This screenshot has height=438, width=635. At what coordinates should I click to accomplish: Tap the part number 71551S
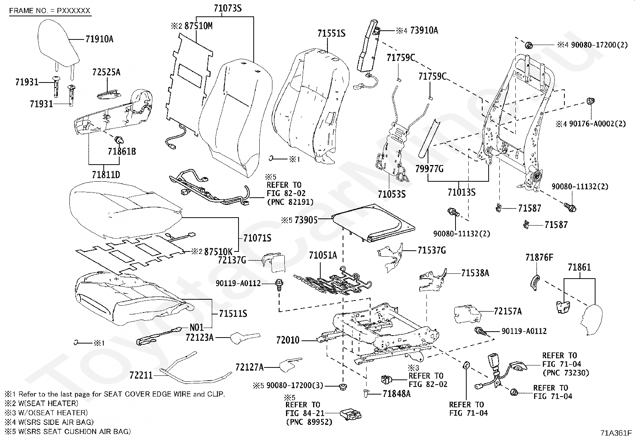click(x=331, y=33)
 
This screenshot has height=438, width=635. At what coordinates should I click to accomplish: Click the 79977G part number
click(x=429, y=169)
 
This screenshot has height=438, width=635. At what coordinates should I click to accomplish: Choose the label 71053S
click(x=392, y=194)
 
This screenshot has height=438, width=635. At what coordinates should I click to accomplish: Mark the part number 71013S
click(x=461, y=193)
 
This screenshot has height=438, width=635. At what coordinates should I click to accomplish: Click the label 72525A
click(x=106, y=73)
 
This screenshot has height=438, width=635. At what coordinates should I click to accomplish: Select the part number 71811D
click(x=106, y=175)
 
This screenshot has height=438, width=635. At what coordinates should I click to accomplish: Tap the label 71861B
click(x=122, y=151)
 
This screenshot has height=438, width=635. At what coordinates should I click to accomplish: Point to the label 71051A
click(x=323, y=255)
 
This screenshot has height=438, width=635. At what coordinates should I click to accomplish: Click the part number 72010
click(x=288, y=340)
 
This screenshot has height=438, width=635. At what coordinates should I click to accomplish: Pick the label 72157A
click(x=507, y=311)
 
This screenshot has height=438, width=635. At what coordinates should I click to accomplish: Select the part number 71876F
click(x=539, y=257)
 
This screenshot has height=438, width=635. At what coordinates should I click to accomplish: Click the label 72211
click(x=141, y=375)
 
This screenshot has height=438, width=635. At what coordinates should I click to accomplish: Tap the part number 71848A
click(x=396, y=394)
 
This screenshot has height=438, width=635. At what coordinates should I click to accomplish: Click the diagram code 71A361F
click(x=617, y=433)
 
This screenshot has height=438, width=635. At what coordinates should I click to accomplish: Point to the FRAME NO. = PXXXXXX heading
click(x=50, y=11)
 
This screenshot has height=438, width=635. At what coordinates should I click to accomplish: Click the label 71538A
click(x=475, y=273)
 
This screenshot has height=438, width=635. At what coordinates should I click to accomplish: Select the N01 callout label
click(x=197, y=328)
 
